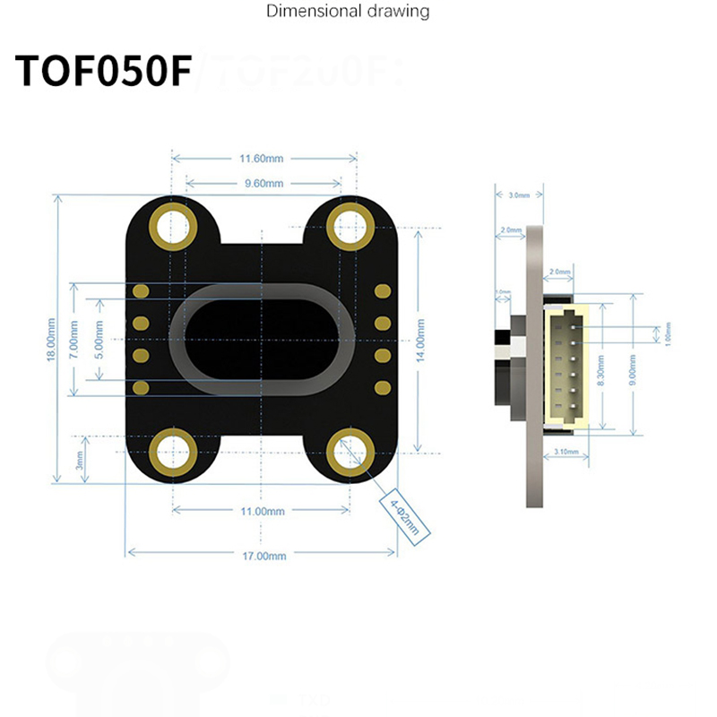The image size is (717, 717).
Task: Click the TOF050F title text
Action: click(104, 72)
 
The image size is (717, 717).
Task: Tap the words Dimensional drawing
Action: click(348, 12)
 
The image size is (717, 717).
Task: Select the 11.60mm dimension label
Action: click(261, 159)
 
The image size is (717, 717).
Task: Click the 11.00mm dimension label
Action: click(261, 511)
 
